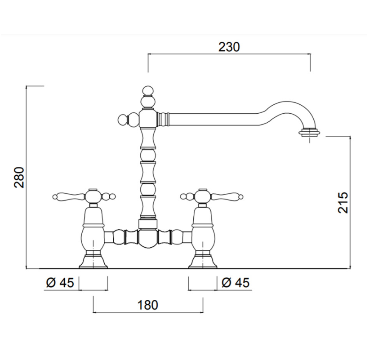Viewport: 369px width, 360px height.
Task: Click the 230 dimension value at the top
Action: pos(229,47)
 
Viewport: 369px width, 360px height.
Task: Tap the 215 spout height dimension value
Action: pos(343,203)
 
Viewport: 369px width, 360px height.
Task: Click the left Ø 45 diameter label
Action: pos(59,283)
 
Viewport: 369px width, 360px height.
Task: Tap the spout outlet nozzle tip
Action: pos(309,133)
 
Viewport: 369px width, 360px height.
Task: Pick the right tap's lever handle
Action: pos(227,196)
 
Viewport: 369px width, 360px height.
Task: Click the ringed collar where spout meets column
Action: pos(164,120)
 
